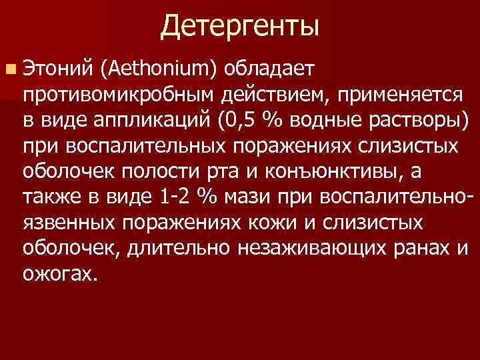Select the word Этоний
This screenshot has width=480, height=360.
57,68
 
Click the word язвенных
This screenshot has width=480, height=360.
68,223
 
